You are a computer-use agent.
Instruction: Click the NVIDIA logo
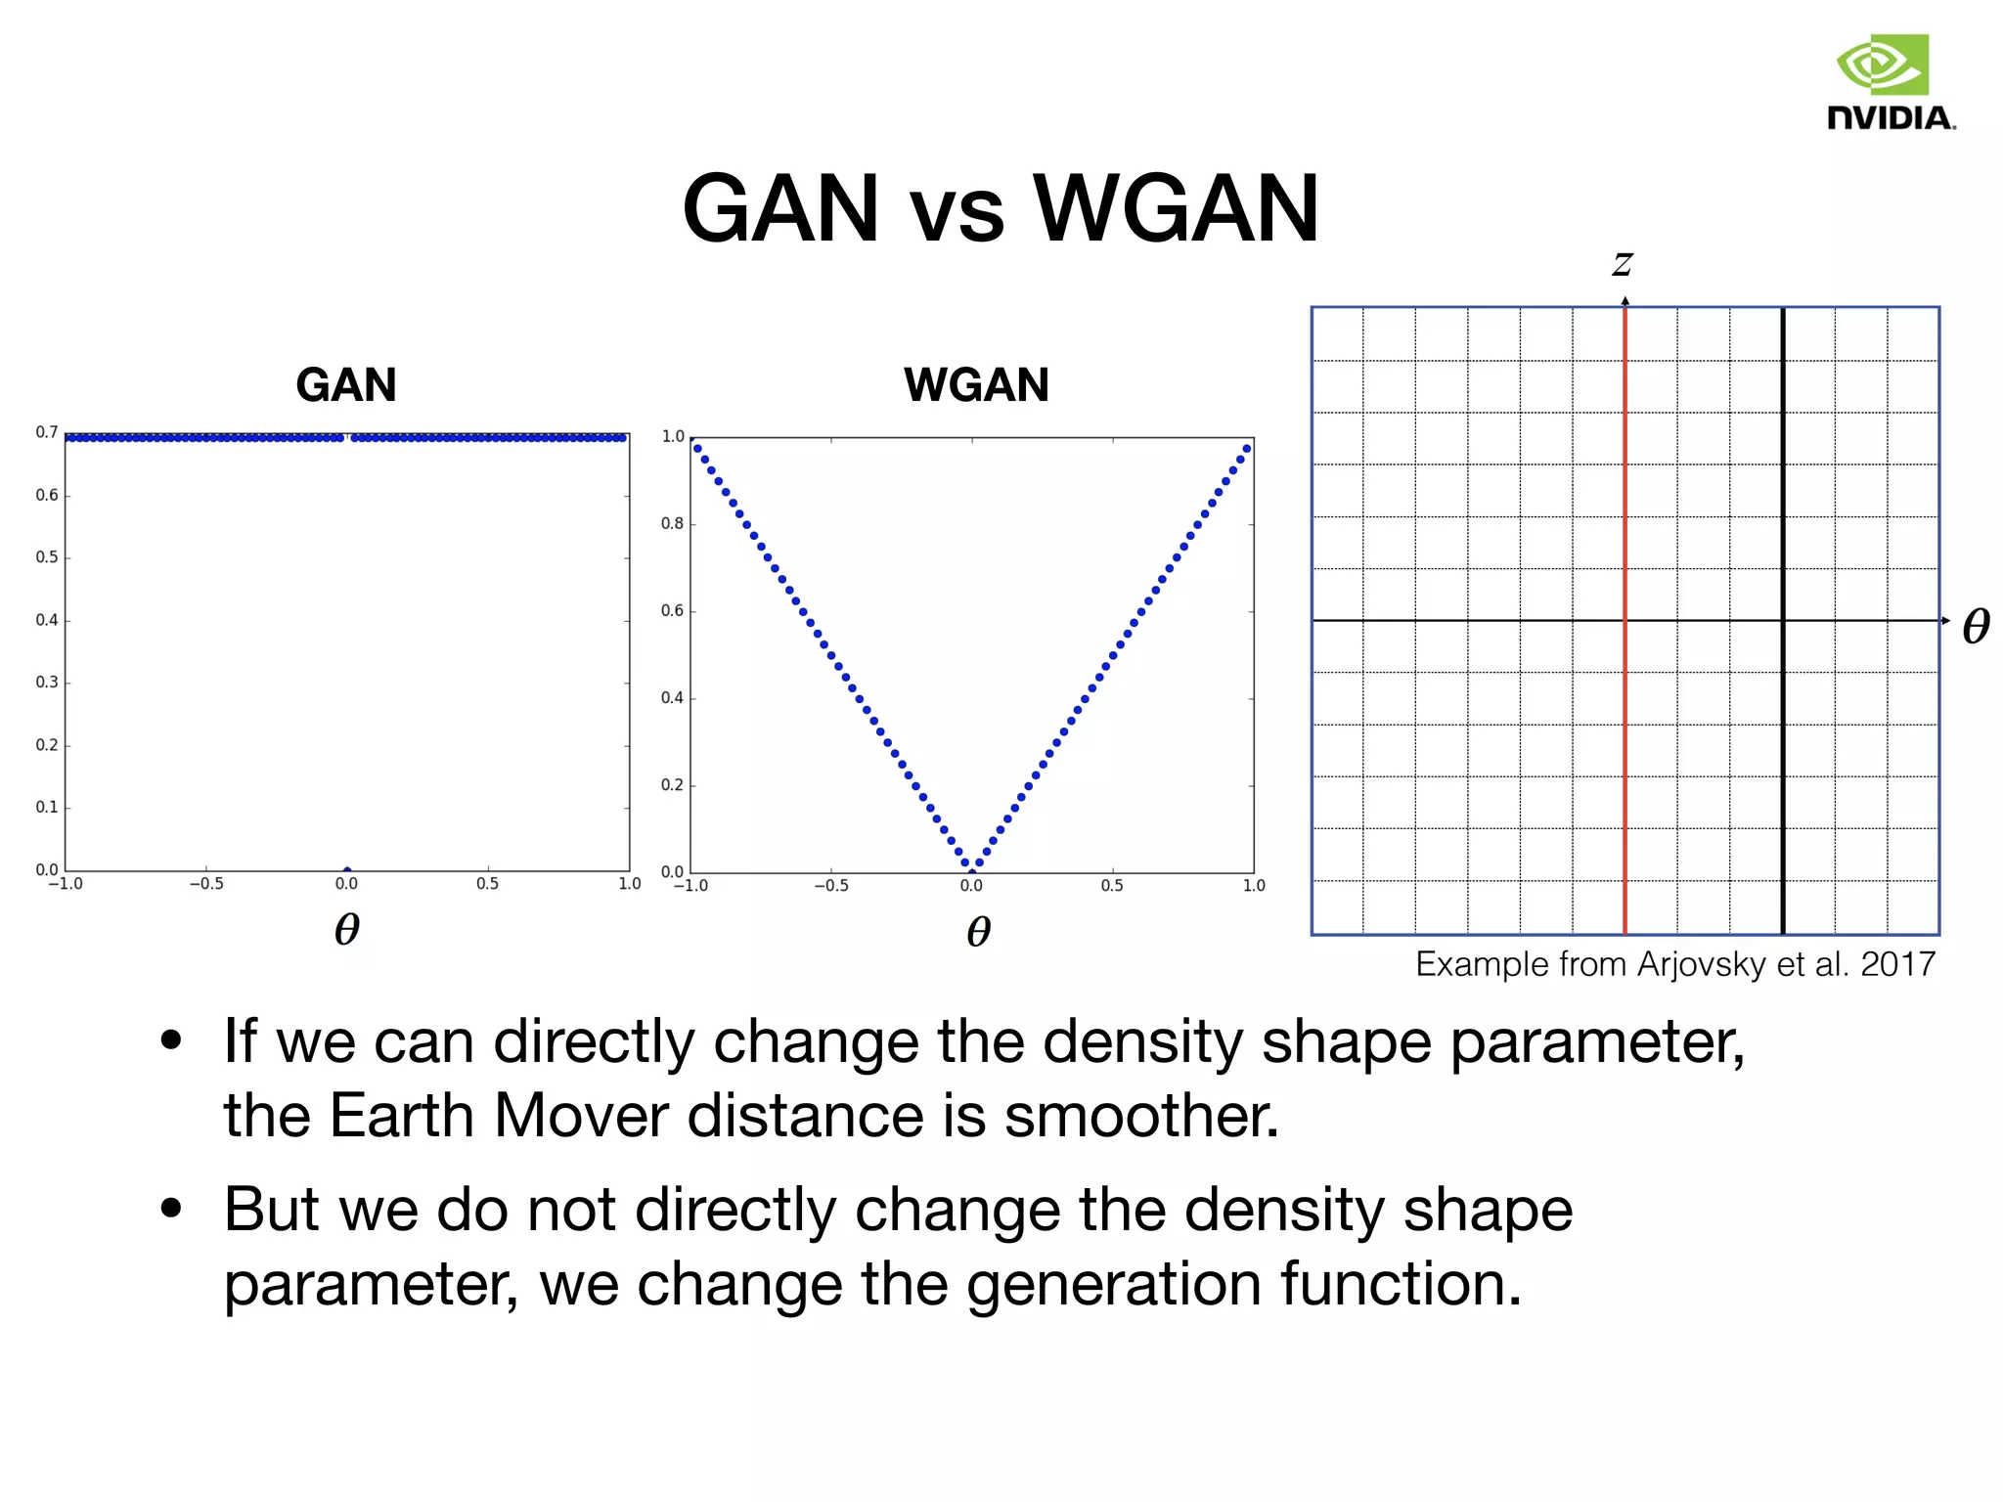(x=1890, y=82)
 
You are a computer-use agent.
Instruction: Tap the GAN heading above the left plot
(x=346, y=384)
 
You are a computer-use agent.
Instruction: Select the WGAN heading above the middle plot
(x=976, y=384)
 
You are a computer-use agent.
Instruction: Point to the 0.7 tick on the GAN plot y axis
(x=46, y=432)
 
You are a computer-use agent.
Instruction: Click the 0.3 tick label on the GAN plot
(x=46, y=682)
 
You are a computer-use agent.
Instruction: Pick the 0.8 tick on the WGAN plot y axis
(x=672, y=523)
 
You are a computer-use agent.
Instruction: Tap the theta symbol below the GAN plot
(x=346, y=929)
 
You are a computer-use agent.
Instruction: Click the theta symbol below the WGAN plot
(x=978, y=931)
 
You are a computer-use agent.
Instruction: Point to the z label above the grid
(x=1623, y=262)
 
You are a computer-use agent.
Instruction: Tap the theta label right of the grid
(x=1976, y=626)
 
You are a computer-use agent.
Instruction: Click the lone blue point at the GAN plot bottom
(x=347, y=868)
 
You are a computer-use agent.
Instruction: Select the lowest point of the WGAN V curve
(x=972, y=865)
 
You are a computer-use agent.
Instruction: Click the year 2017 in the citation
(x=1897, y=964)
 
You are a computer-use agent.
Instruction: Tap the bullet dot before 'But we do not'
(x=172, y=1209)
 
